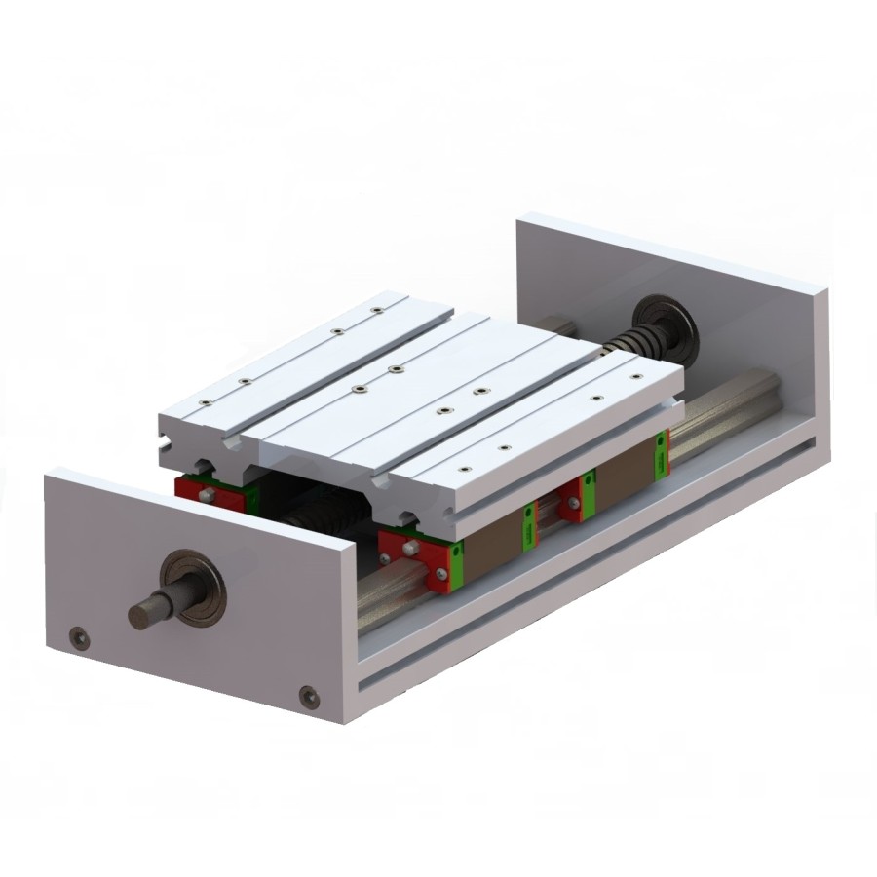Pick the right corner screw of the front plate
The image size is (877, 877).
309,696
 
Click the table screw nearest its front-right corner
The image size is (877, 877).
503,445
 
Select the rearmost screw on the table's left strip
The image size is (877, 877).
377,312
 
